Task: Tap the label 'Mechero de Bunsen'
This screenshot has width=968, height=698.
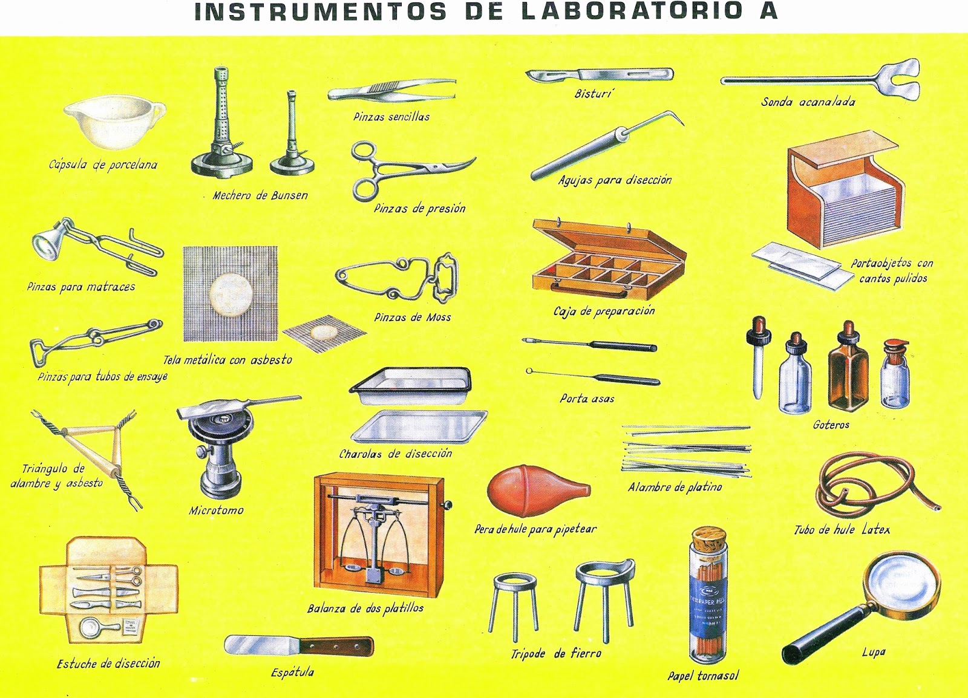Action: pyautogui.click(x=260, y=195)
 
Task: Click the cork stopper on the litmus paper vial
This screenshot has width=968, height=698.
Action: pyautogui.click(x=709, y=540)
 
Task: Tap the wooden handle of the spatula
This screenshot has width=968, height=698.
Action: pyautogui.click(x=336, y=647)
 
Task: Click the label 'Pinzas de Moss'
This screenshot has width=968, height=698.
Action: pyautogui.click(x=412, y=318)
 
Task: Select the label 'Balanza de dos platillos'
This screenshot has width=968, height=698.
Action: pyautogui.click(x=365, y=608)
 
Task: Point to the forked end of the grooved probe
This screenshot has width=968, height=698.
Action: pyautogui.click(x=896, y=79)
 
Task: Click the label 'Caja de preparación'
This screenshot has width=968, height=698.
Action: pyautogui.click(x=604, y=311)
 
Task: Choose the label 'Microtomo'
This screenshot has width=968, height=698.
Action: pyautogui.click(x=216, y=510)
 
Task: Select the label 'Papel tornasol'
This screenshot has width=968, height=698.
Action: pyautogui.click(x=703, y=676)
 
